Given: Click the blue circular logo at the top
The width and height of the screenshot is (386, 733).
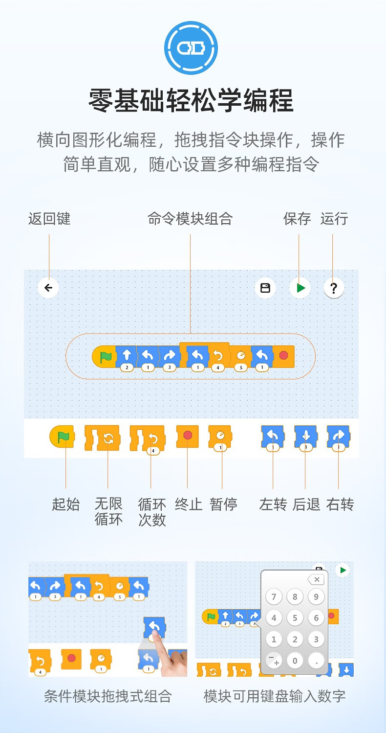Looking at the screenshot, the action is pos(191,48).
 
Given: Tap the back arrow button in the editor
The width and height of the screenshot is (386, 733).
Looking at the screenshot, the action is pos(48,288).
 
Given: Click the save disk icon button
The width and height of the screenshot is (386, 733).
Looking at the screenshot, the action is pos(265,288).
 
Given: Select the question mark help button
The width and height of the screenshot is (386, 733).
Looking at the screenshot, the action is pos(334,288).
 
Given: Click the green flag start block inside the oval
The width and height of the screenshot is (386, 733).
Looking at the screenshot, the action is pos(104,356).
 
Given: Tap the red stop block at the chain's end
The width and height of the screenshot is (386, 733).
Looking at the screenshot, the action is pos(284,356).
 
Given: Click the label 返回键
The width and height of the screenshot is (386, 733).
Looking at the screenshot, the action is pos(49,219).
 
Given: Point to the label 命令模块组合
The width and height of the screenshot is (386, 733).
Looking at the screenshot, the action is pos(190,219).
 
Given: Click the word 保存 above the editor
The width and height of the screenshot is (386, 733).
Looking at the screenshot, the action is pos(297,219).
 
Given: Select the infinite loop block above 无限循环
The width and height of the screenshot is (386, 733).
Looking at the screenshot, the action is pos(102,438).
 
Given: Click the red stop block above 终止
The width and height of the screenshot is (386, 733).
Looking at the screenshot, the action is pos(187,436).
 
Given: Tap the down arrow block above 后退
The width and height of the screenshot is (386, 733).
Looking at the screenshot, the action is pos(306,437).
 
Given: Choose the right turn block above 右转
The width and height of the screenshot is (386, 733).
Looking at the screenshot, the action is pos(339,437).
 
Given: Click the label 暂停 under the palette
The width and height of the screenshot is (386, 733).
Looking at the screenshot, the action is pos(224,504).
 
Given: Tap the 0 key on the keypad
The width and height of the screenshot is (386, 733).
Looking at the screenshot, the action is pos(295,661).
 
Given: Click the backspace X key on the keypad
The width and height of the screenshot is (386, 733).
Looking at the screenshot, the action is pos(316,579).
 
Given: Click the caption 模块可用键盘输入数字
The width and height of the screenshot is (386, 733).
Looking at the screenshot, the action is pos(275,696).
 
